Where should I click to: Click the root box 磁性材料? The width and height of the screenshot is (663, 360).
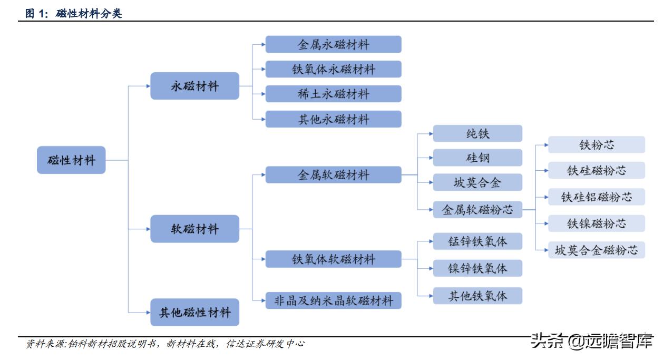(71, 160)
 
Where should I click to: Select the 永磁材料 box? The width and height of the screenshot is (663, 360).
(194, 86)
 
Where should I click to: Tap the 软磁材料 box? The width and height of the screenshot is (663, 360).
(194, 229)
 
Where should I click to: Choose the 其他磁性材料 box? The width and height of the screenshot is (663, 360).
(194, 313)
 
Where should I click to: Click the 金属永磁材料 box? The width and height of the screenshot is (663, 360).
(333, 44)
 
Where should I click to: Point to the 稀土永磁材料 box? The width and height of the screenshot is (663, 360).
(333, 94)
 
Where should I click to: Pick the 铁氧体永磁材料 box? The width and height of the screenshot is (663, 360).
(333, 69)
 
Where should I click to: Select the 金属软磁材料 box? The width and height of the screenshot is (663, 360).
(333, 174)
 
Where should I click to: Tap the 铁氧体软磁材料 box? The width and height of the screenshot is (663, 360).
(333, 259)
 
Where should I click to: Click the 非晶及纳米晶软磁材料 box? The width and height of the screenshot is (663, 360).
(333, 300)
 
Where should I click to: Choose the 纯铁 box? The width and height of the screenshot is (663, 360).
(477, 133)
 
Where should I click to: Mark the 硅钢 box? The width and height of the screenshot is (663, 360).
(477, 158)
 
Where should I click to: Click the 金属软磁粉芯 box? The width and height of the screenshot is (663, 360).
(477, 209)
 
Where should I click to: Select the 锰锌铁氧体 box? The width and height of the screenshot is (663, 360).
(477, 241)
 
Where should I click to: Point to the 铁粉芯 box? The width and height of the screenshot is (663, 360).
(596, 145)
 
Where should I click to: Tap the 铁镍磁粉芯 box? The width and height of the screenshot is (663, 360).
(596, 223)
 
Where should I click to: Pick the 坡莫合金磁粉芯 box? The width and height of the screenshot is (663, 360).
(596, 250)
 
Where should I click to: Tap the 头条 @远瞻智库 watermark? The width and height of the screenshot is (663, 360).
(592, 340)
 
